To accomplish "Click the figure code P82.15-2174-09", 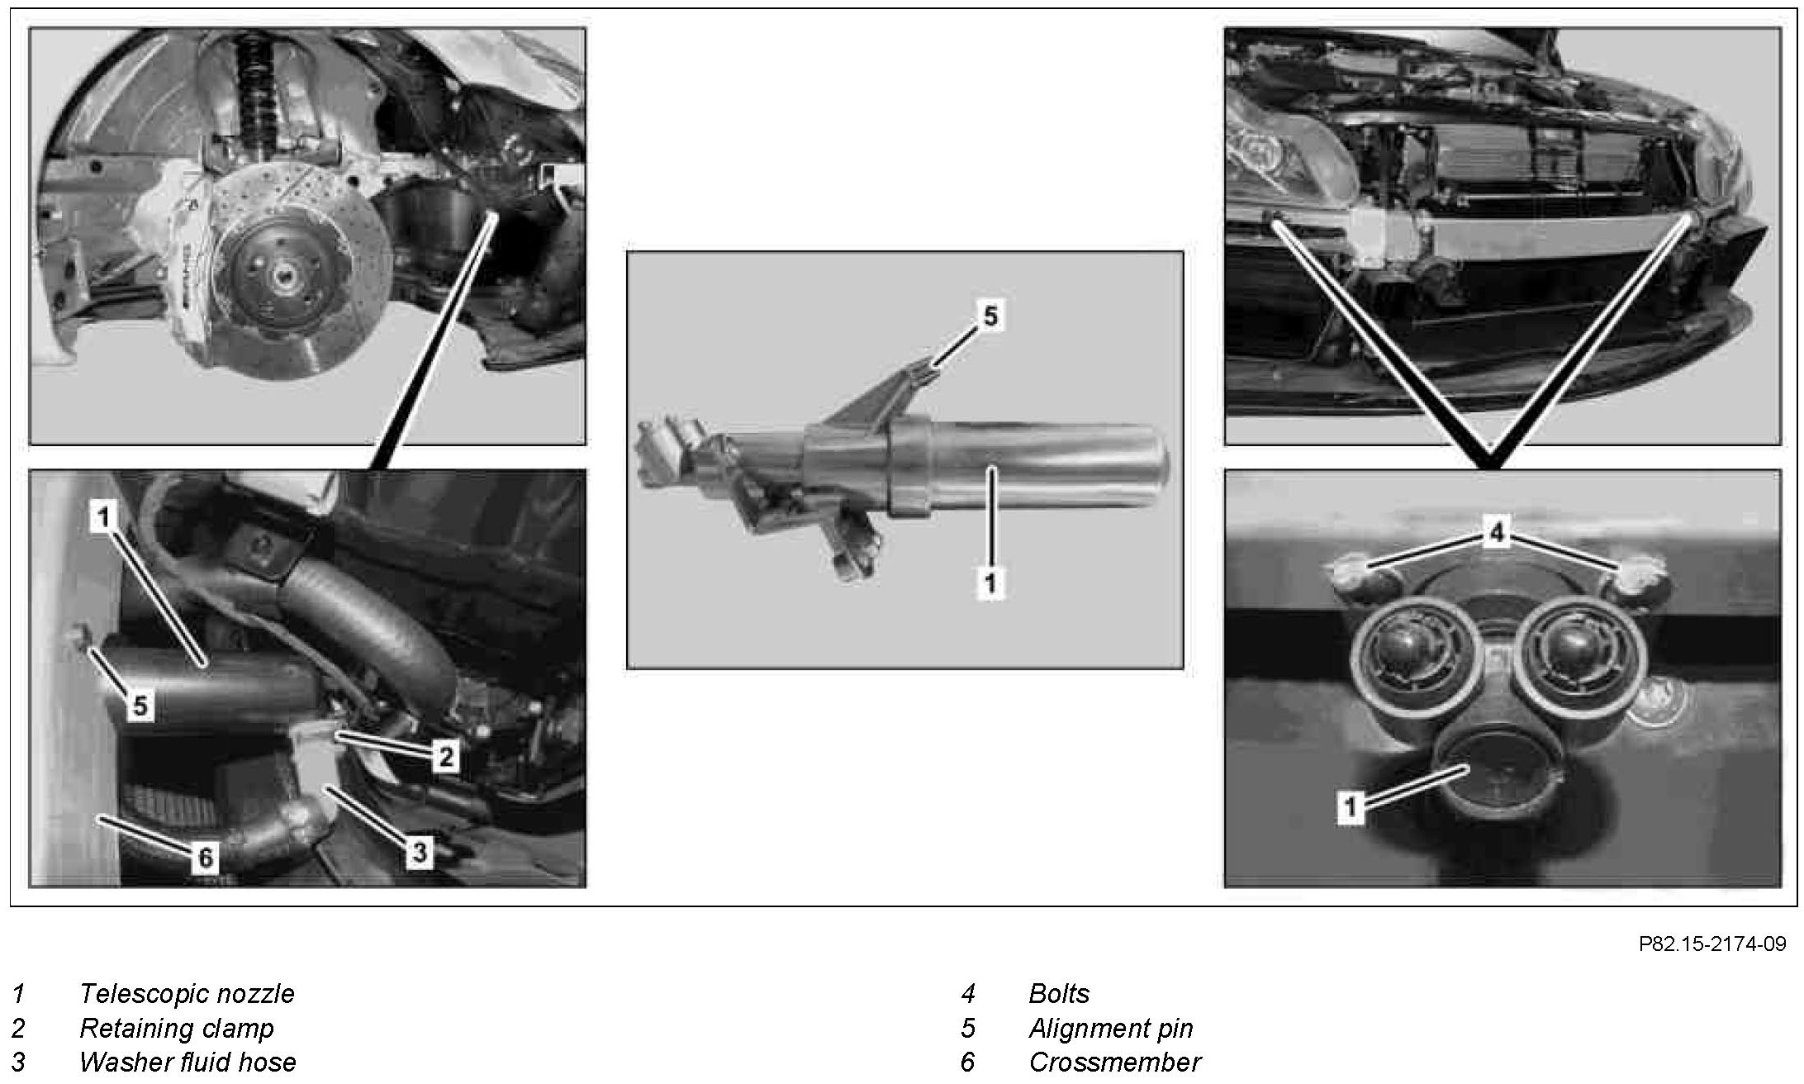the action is (1712, 944).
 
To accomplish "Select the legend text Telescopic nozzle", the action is (187, 993).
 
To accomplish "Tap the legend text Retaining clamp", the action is (176, 1028).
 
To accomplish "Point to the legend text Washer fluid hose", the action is (188, 1062).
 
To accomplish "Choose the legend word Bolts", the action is (1059, 993).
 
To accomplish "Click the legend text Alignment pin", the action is (1110, 1028).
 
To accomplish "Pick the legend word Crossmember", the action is (1114, 1062).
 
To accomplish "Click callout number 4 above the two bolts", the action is (1497, 533).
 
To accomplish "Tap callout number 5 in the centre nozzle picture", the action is (990, 316).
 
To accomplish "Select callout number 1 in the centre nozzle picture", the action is (990, 583).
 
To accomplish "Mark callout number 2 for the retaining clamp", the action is (445, 755).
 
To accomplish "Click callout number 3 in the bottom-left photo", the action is (420, 852).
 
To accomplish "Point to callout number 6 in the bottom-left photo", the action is (204, 858).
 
